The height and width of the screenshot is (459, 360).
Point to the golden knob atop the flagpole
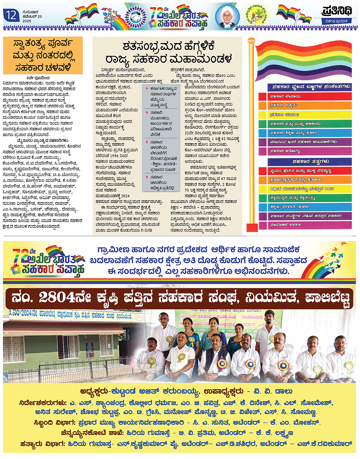click(x=251, y=41)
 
